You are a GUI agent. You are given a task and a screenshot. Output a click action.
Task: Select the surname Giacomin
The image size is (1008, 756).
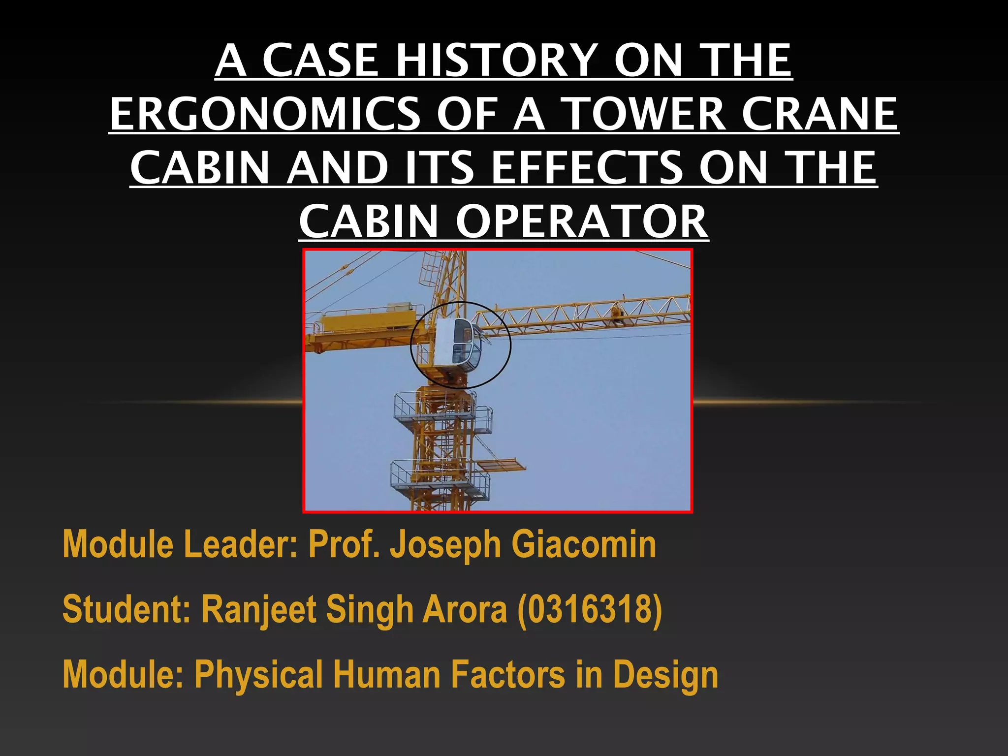tap(584, 544)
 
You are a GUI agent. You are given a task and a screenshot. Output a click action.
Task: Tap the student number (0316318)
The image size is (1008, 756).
tap(590, 609)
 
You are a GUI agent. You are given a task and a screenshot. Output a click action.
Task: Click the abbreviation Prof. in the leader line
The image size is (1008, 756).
tap(344, 544)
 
